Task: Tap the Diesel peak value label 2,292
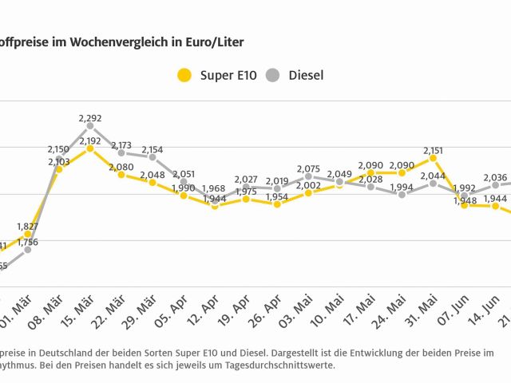90,118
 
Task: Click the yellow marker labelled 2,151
433,158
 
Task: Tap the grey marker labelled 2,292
90,126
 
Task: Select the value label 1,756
28,242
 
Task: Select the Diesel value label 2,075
308,168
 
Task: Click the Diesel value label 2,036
495,177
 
